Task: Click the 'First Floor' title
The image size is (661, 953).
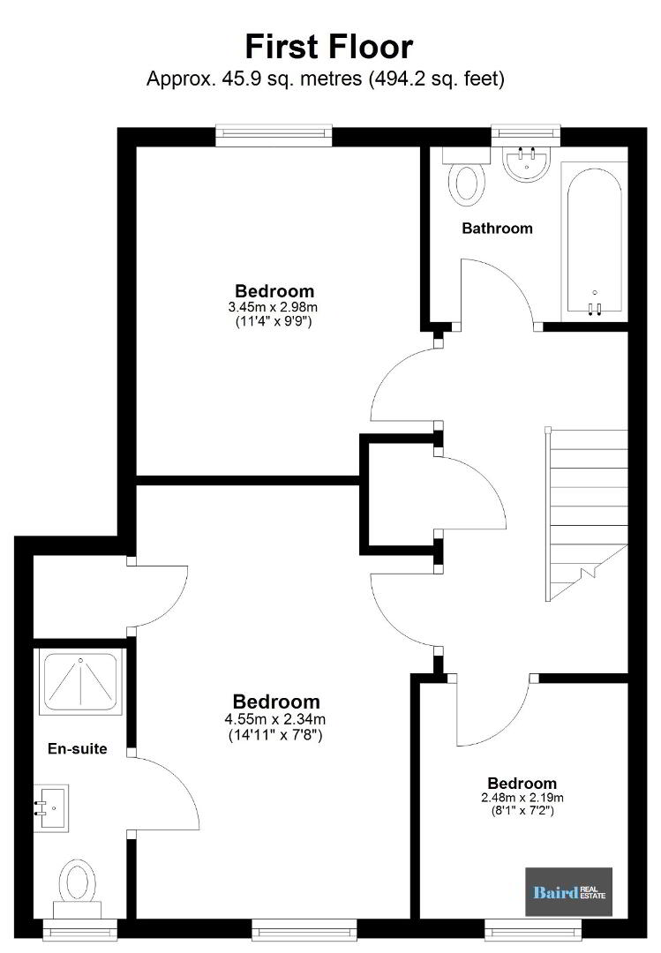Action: click(329, 47)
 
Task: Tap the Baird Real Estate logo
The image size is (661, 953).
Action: click(568, 891)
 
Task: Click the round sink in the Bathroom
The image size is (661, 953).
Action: click(527, 164)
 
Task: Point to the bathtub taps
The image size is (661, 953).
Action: click(595, 308)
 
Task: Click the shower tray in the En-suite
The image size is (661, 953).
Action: click(79, 682)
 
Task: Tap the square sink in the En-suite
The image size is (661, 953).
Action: click(51, 808)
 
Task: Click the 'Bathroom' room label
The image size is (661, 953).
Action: click(498, 229)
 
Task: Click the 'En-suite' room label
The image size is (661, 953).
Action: click(78, 749)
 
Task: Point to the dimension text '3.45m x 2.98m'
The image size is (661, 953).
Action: click(274, 308)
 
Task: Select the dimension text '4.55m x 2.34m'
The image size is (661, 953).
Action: click(275, 720)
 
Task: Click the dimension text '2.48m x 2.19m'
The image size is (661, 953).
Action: click(522, 798)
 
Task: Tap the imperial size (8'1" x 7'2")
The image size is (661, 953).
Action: click(522, 811)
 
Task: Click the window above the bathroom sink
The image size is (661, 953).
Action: click(526, 132)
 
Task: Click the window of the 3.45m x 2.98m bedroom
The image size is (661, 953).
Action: click(274, 135)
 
